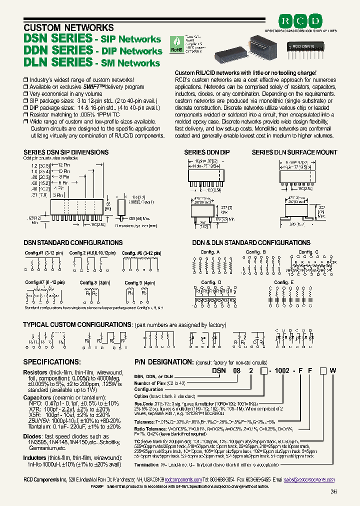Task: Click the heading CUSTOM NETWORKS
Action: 69,27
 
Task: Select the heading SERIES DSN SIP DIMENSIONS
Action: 66,152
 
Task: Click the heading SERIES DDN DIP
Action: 207,152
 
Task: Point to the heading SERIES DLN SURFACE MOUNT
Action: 294,152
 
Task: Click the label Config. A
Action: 210,252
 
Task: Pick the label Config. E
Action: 283,282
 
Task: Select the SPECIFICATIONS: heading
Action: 52,361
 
